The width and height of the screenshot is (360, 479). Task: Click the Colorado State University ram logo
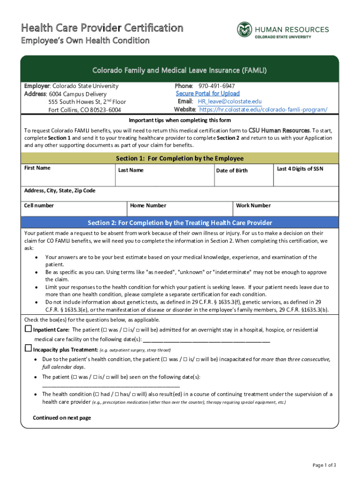click(x=244, y=29)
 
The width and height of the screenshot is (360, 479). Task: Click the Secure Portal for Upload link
click(x=208, y=94)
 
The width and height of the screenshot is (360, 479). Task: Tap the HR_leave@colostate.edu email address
click(x=230, y=102)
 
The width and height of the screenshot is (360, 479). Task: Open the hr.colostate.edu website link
click(x=263, y=109)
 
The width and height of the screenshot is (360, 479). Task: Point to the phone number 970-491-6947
click(x=216, y=86)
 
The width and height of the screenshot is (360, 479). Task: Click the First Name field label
click(x=37, y=168)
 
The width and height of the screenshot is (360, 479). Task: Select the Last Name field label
click(x=131, y=170)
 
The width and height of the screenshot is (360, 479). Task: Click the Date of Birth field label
click(x=232, y=171)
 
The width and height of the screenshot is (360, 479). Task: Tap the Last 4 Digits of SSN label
click(x=300, y=168)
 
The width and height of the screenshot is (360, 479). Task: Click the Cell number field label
click(x=39, y=205)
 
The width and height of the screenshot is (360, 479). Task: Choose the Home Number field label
click(x=148, y=205)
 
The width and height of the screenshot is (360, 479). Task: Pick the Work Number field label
click(x=253, y=205)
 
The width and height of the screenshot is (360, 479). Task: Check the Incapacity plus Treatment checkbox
click(x=28, y=349)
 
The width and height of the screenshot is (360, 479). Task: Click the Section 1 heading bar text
click(x=180, y=158)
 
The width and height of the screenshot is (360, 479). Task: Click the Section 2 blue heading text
click(x=180, y=223)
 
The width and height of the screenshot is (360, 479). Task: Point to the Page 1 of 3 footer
click(x=324, y=465)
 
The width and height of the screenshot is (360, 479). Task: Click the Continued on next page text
click(x=62, y=418)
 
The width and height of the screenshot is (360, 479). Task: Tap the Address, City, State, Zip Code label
click(x=59, y=190)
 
